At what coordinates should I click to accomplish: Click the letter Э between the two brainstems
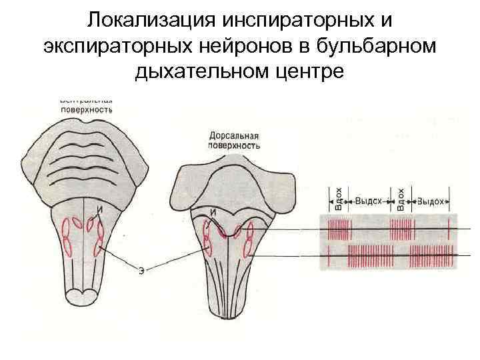(x=141, y=271)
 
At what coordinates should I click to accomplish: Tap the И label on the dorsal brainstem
(x=213, y=213)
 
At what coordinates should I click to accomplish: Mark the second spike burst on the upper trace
(x=401, y=231)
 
